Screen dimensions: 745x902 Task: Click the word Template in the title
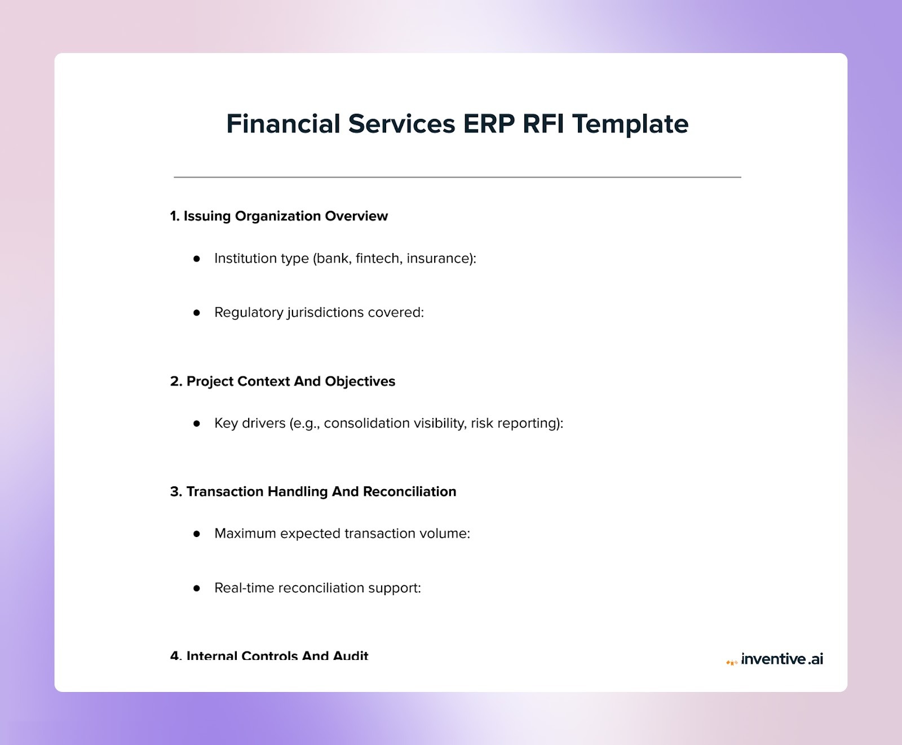630,124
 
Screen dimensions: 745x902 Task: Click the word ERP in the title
488,124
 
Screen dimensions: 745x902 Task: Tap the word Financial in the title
283,124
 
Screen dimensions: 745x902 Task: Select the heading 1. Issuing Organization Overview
279,216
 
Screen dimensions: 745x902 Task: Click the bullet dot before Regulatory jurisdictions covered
197,313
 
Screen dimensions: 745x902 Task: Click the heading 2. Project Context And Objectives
282,382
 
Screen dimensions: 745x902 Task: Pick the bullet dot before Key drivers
197,424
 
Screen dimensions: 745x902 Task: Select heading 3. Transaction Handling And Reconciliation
313,491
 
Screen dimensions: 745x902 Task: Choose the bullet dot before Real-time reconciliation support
197,588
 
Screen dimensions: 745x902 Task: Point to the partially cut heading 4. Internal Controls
269,655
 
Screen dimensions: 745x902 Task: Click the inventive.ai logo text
781,659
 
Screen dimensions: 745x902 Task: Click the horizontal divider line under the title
457,177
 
